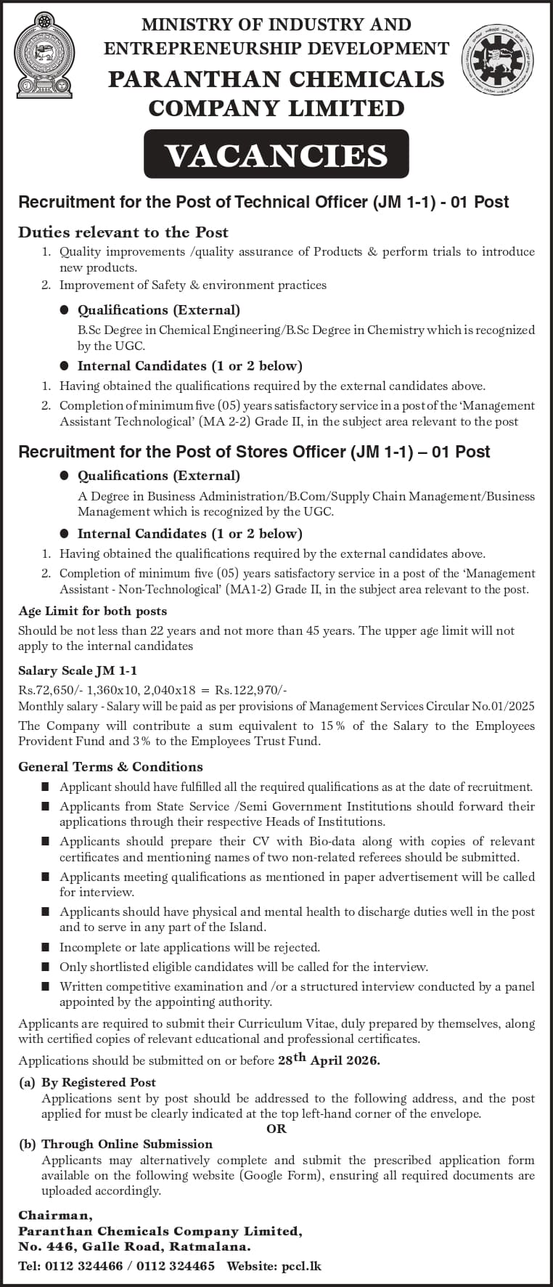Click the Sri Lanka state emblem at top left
click(x=45, y=55)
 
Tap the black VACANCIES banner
click(x=276, y=155)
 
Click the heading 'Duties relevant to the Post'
click(x=123, y=232)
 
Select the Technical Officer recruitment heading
click(x=263, y=202)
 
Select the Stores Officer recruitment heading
click(x=254, y=452)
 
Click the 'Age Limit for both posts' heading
click(x=93, y=611)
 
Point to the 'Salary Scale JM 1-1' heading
click(x=78, y=670)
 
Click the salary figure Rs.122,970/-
click(x=251, y=690)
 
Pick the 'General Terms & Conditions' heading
click(x=110, y=766)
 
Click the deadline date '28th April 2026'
click(x=329, y=1060)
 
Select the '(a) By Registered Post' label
click(x=88, y=1082)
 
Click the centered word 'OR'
click(x=276, y=1129)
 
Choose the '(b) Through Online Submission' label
click(x=116, y=1144)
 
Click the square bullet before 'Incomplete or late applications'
click(x=46, y=947)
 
